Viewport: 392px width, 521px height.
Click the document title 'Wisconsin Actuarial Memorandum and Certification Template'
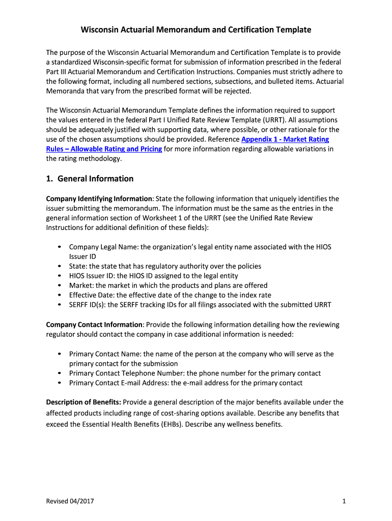[x=196, y=30]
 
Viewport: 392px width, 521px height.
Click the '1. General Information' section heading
[x=90, y=179]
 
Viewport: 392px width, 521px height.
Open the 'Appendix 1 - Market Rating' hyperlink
[x=285, y=139]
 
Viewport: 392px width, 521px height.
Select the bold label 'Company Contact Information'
[x=94, y=325]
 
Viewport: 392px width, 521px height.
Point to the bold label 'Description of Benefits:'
[x=83, y=402]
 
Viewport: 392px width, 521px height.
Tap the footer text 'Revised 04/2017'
[x=70, y=502]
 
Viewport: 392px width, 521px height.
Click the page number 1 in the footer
[x=344, y=502]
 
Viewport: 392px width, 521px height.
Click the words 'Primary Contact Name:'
[x=105, y=354]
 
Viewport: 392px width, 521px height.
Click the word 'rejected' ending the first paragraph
[x=238, y=91]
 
